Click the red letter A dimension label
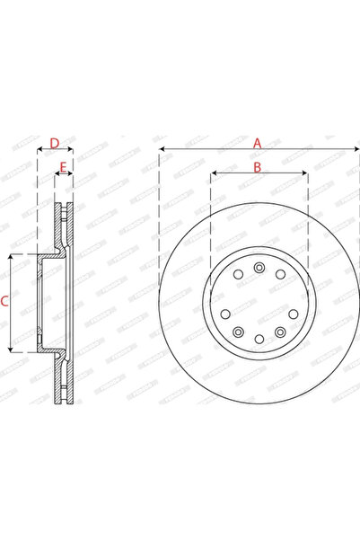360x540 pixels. [257, 142]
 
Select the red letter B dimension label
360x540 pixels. [257, 167]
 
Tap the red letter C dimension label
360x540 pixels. [5, 303]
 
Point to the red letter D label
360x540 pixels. [54, 143]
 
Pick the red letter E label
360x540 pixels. [63, 167]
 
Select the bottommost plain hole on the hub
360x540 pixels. [259, 339]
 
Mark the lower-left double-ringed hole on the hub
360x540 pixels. [238, 332]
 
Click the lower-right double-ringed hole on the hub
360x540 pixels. [281, 332]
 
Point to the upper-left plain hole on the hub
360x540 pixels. [238, 274]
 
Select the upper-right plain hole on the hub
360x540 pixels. [281, 274]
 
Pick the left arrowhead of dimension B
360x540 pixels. [212, 174]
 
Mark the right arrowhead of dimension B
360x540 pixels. [306, 174]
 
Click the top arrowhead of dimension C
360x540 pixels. [12, 256]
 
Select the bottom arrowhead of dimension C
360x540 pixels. [12, 350]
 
